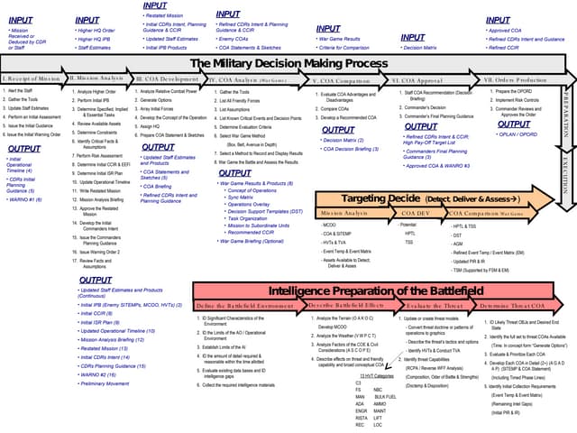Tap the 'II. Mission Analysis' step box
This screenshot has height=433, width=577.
(99, 79)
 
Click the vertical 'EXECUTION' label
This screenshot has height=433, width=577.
(566, 170)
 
